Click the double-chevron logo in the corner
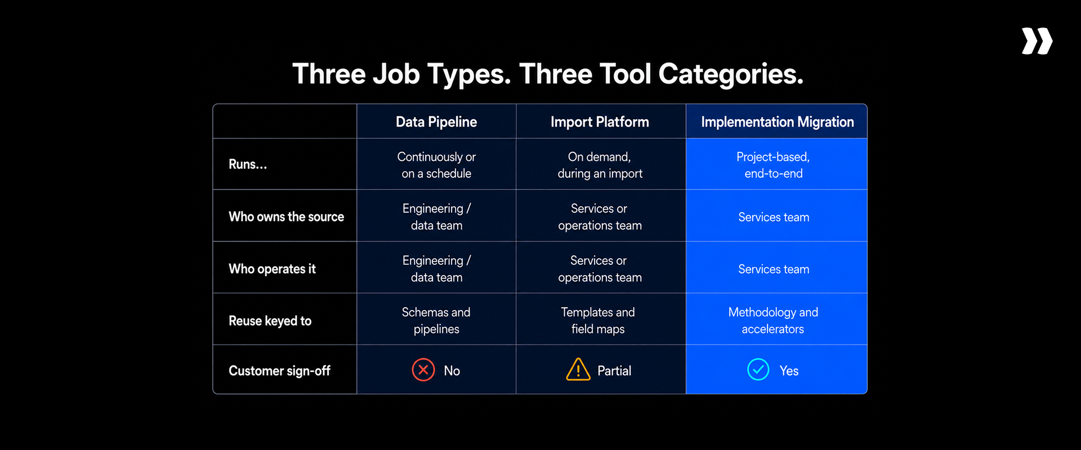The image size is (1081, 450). pos(1037,41)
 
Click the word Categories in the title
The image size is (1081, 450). pos(731,74)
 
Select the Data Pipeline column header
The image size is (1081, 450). pos(436,122)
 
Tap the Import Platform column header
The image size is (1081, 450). pos(600,122)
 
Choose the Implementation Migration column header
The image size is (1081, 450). pos(778,122)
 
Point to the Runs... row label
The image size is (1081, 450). pos(248,164)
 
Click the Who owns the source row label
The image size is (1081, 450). pos(286,217)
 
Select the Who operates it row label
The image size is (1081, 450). pos(272,269)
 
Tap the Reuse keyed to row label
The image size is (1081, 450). pos(270,321)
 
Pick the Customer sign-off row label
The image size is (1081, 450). pos(279,371)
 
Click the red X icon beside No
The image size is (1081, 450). pos(423,370)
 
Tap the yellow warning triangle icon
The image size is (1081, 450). pos(578,370)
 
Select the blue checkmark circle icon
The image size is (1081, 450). pos(758,370)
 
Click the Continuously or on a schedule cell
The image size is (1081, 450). pos(436,165)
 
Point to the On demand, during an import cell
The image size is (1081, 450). pos(600,165)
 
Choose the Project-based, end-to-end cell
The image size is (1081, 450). pos(773,165)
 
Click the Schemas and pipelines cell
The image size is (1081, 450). pos(436,321)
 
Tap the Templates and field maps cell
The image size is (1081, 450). pos(598,321)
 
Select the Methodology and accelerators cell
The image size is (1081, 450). pos(773,321)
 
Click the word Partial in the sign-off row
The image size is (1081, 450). pos(614,371)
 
